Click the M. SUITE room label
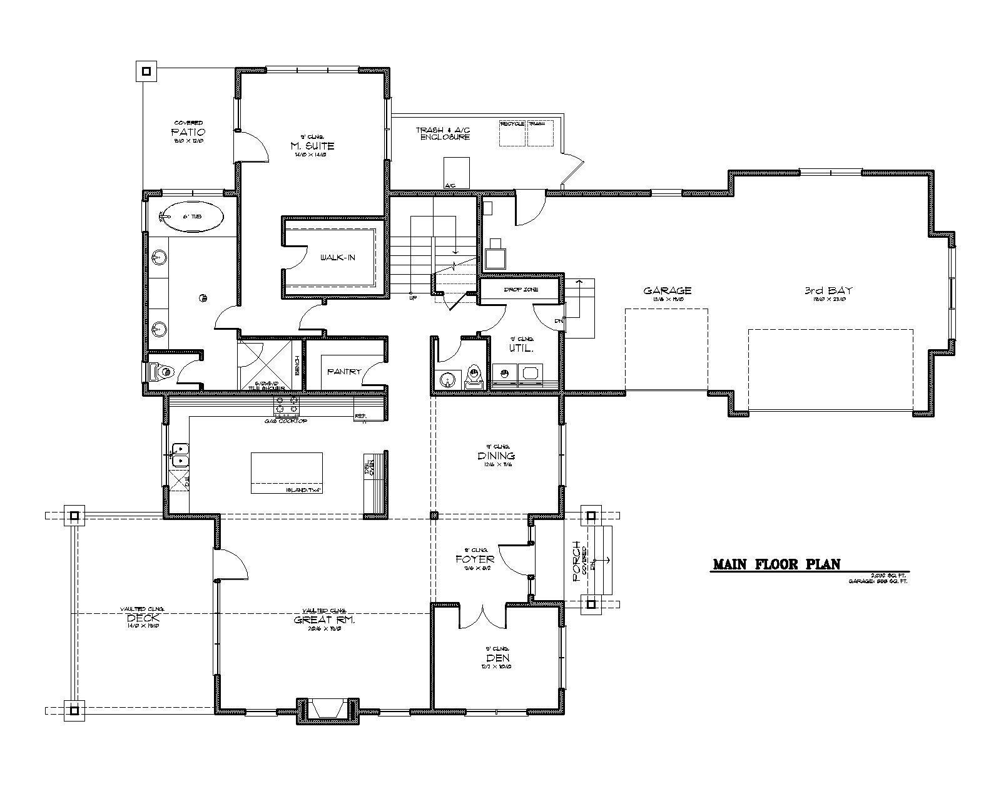pyautogui.click(x=312, y=146)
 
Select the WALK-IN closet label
pyautogui.click(x=337, y=257)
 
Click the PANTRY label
pyautogui.click(x=343, y=371)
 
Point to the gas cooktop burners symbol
pyautogui.click(x=287, y=406)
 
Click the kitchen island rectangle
pyautogui.click(x=287, y=473)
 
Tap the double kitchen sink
pyautogui.click(x=180, y=454)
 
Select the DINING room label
pyautogui.click(x=496, y=456)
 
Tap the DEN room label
pyautogui.click(x=496, y=658)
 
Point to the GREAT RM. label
pyautogui.click(x=324, y=620)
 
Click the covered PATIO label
pyautogui.click(x=188, y=133)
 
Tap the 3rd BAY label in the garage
pyautogui.click(x=828, y=290)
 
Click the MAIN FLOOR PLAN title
pyautogui.click(x=776, y=564)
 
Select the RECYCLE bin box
pyautogui.click(x=512, y=134)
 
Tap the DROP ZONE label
pyautogui.click(x=521, y=290)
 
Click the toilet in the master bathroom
pyautogui.click(x=162, y=373)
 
